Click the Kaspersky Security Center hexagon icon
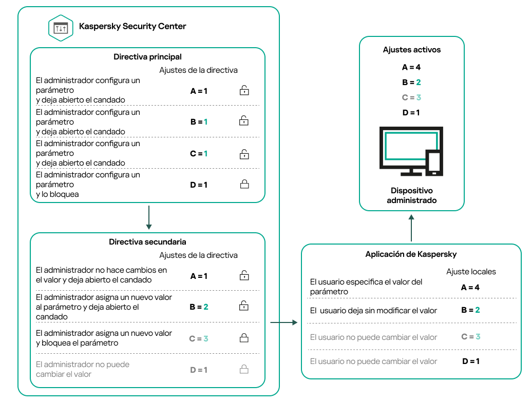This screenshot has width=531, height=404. tap(61, 28)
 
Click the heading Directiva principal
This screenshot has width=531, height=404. tap(147, 57)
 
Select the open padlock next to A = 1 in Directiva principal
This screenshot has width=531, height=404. tap(244, 91)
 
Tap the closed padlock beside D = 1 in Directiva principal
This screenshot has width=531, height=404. tap(244, 185)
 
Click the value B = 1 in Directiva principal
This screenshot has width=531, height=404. tap(199, 122)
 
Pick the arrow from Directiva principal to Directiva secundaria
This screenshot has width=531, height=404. tap(148, 217)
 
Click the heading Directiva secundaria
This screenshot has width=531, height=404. tap(147, 241)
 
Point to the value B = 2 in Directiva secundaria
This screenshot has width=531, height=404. tap(199, 307)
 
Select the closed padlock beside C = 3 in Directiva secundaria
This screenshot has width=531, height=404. tap(244, 338)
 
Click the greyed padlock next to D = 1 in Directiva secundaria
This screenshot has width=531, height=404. tap(244, 369)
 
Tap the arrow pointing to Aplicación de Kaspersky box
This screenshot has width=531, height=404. tap(284, 322)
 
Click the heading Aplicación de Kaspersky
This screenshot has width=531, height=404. tap(411, 254)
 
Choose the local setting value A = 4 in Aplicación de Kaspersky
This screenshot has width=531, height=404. tap(470, 287)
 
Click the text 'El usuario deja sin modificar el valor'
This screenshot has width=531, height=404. tap(374, 310)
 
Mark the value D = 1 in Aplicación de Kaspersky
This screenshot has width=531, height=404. tap(470, 361)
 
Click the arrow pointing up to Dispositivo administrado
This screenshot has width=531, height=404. tap(411, 228)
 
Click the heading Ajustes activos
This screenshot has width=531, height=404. tap(412, 50)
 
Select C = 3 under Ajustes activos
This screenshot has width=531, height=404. tap(412, 97)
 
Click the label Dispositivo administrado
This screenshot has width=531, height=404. tap(412, 195)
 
